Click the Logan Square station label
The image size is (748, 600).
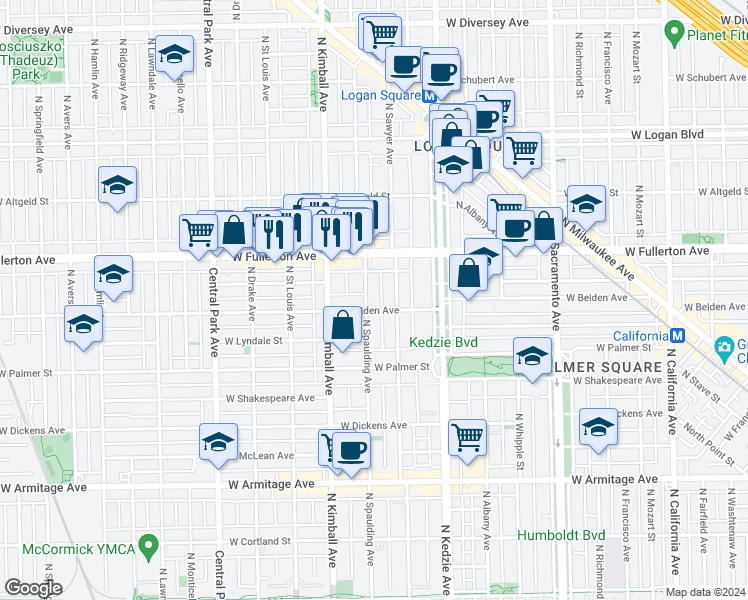[x=380, y=96]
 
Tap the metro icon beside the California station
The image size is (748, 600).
[x=677, y=336]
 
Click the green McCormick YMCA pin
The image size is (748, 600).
[x=150, y=547]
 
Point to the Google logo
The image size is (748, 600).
[x=33, y=588]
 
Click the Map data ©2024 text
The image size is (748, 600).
[x=705, y=592]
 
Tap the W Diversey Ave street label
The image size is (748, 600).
[x=487, y=22]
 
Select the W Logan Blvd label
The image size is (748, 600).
[x=666, y=135]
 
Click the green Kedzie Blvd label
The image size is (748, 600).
[x=443, y=343]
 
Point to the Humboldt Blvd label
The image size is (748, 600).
[x=562, y=535]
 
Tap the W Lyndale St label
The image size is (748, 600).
[x=254, y=341]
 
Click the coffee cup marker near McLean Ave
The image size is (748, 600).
[x=350, y=451]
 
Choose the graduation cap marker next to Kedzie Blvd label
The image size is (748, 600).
[x=532, y=355]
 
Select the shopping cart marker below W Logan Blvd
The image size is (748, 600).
[x=522, y=151]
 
